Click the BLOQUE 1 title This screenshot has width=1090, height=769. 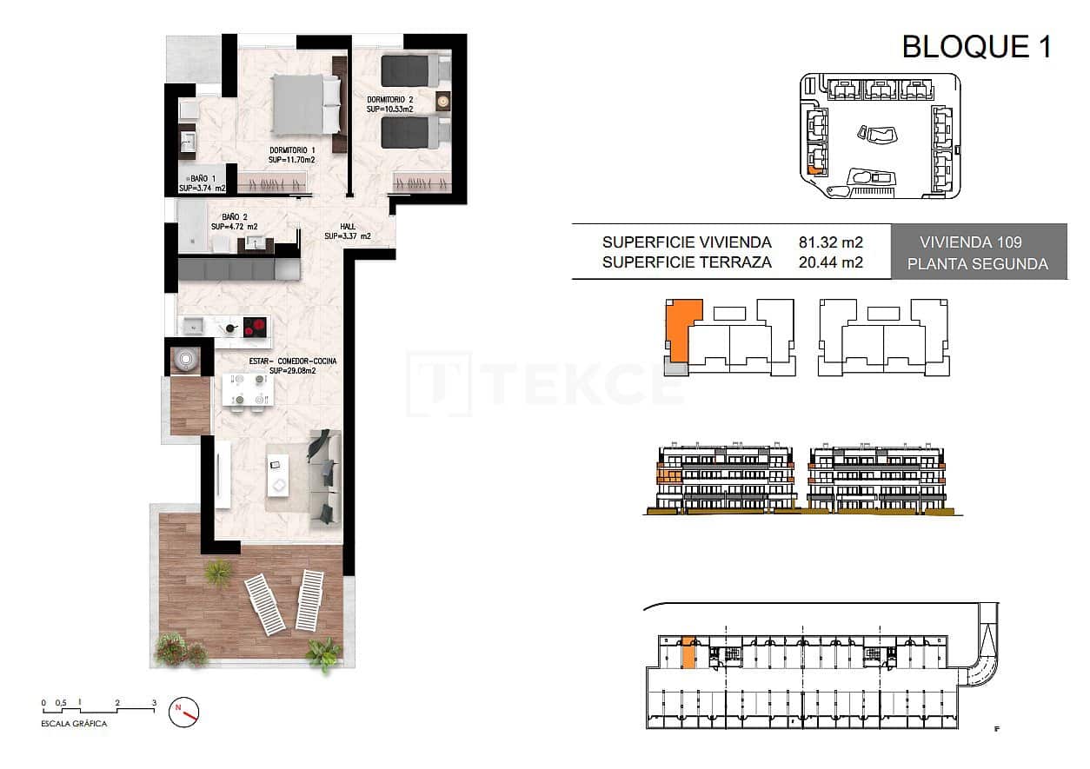pos(976,47)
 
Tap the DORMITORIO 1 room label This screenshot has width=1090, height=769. pos(291,155)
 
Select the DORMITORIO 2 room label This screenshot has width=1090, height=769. pos(389,104)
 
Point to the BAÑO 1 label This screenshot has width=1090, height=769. pos(202,183)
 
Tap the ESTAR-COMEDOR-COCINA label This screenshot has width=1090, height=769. pos(291,365)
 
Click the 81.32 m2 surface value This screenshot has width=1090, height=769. pos(830,242)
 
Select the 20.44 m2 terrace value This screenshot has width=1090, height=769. pos(830,262)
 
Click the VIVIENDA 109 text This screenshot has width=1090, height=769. pos(978,242)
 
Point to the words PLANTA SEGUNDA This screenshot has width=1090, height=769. pos(978,264)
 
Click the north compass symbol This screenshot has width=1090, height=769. pos(186,710)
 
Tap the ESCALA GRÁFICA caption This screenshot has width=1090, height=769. pos(74,723)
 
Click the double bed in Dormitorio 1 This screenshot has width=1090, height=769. pos(304,103)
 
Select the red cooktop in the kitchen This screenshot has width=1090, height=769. pos(255,327)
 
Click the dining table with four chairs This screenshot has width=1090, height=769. pos(246,389)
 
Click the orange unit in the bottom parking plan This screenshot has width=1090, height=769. pos(688,653)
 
